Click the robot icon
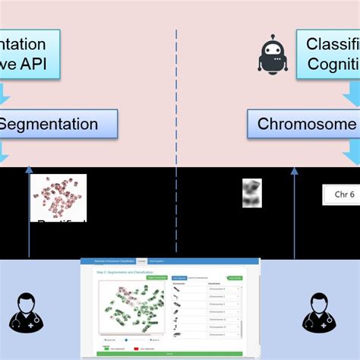click(x=273, y=55)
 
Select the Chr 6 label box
click(x=341, y=194)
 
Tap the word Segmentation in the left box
click(x=49, y=124)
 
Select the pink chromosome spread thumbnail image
click(x=58, y=197)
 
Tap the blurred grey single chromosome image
click(x=251, y=193)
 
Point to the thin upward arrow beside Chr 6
click(x=295, y=213)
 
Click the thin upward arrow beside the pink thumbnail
click(x=29, y=213)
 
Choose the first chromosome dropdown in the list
click(x=222, y=288)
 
